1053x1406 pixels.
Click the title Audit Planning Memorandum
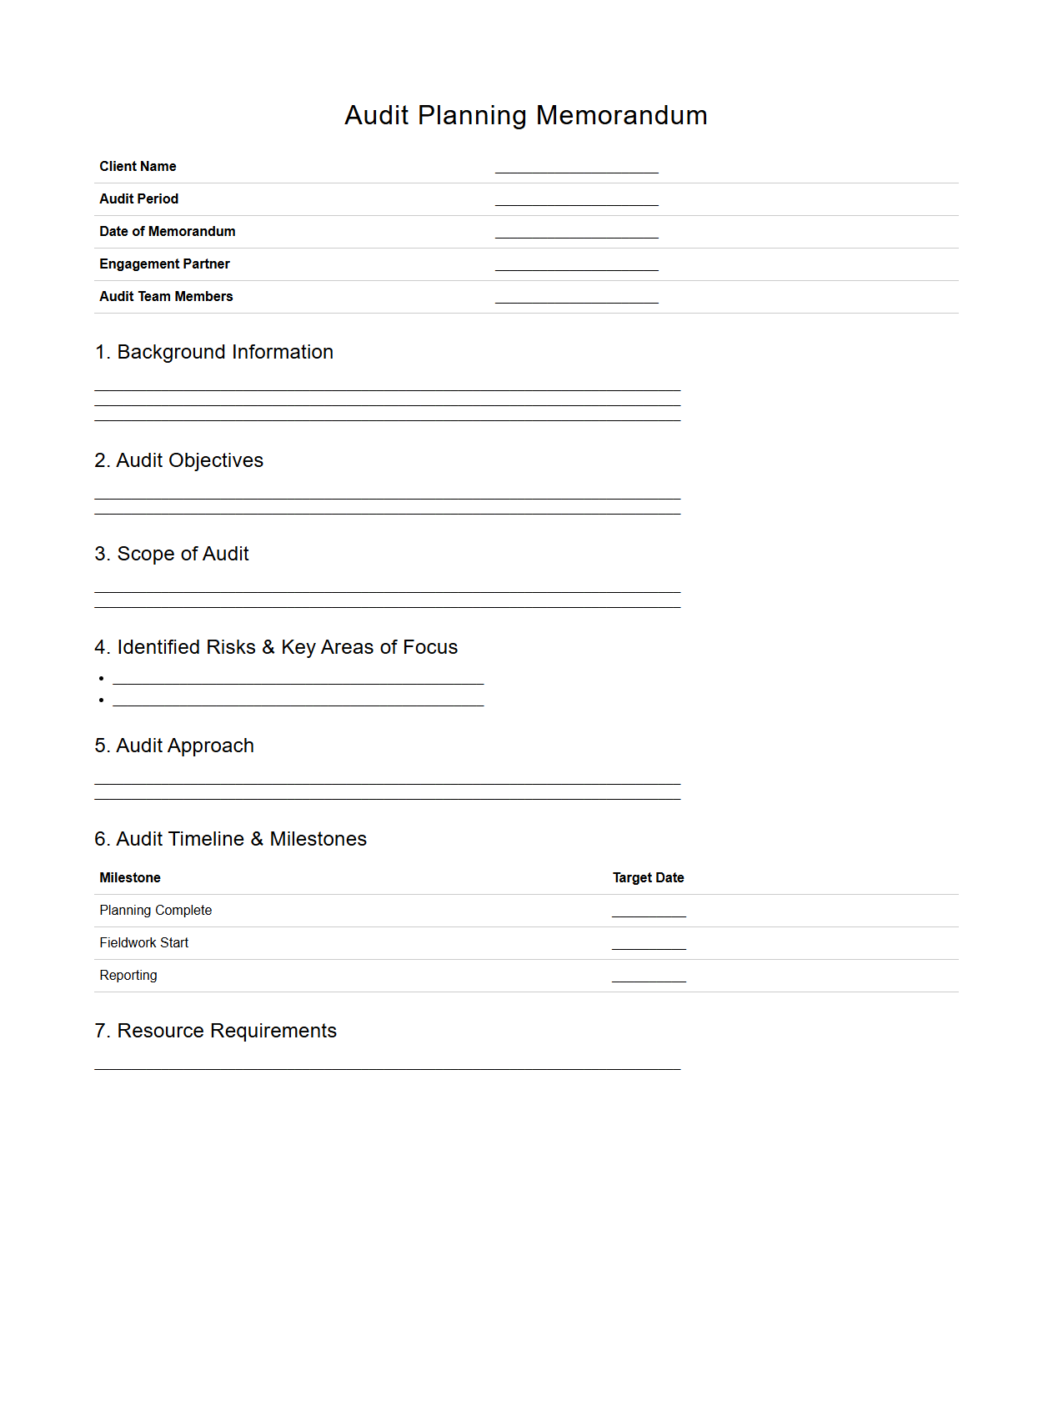pos(526,115)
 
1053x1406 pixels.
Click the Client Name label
pos(138,167)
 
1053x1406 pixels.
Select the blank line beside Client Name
pos(576,167)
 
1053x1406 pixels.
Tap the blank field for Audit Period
pos(576,199)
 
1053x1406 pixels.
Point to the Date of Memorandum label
pos(167,232)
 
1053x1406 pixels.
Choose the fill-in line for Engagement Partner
pos(576,264)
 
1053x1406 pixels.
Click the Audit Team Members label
pos(166,297)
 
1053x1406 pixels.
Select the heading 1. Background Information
pos(214,353)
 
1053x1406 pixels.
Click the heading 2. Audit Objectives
pos(178,461)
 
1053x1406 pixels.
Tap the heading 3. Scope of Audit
pos(172,555)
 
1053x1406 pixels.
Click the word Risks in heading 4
pos(231,648)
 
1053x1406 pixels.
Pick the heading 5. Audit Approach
pos(174,746)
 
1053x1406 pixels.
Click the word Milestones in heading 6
pos(318,840)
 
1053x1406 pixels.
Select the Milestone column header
pos(130,878)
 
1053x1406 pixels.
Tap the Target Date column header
pos(648,878)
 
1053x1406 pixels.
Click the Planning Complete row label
pos(156,911)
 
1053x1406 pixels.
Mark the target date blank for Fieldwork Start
pos(649,943)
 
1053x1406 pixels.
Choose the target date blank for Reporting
pos(649,976)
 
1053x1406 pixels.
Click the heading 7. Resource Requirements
pos(216,1032)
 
